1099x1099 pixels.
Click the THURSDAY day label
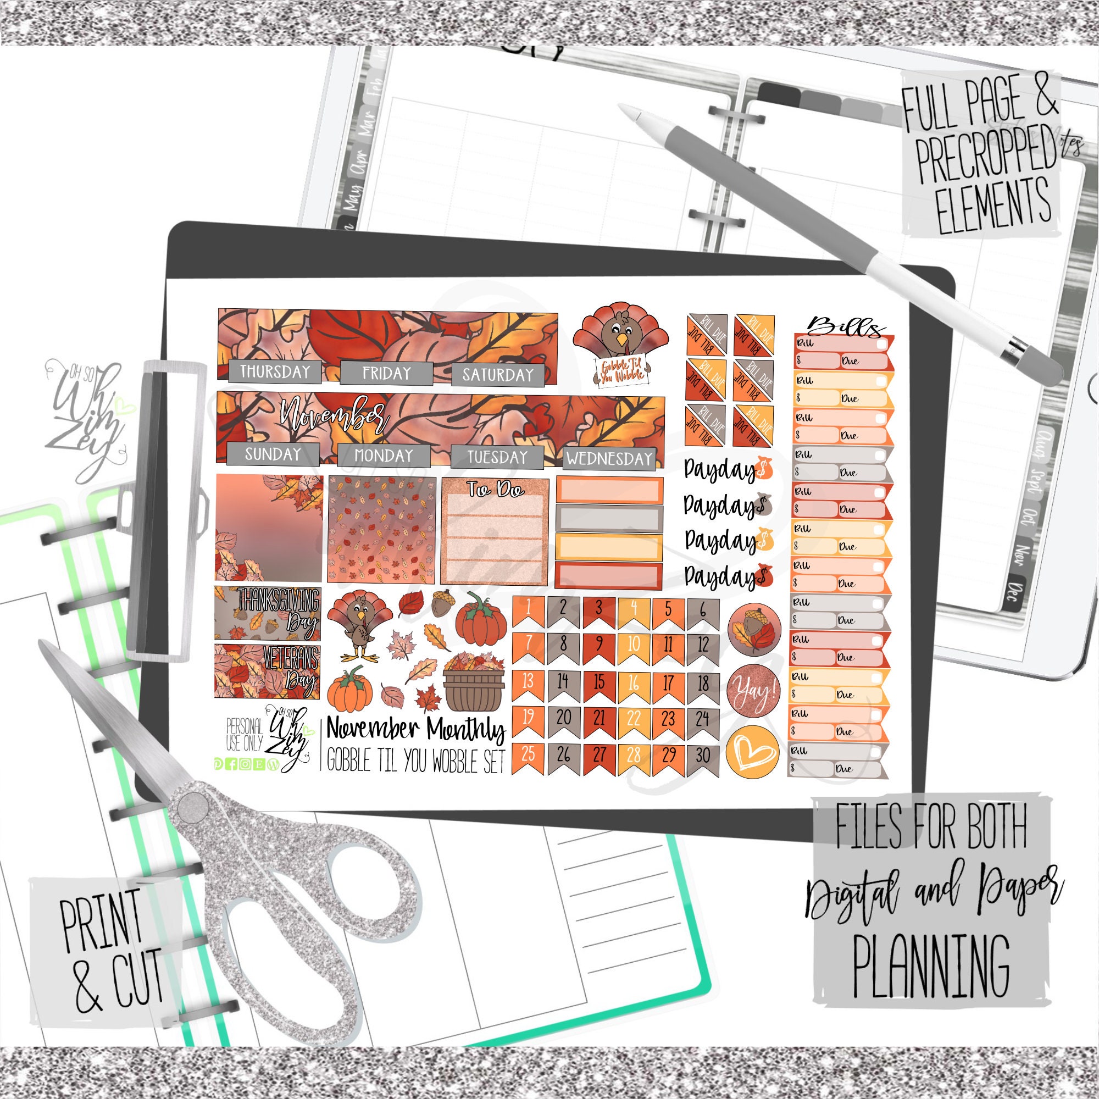click(x=275, y=371)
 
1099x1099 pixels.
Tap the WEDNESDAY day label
click(x=609, y=458)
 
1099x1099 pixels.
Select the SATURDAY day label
click(x=498, y=374)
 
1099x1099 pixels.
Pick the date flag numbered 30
click(x=703, y=756)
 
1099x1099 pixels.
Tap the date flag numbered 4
click(x=633, y=609)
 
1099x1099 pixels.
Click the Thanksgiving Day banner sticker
click(x=268, y=613)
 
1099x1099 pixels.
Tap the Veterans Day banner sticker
click(x=268, y=672)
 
